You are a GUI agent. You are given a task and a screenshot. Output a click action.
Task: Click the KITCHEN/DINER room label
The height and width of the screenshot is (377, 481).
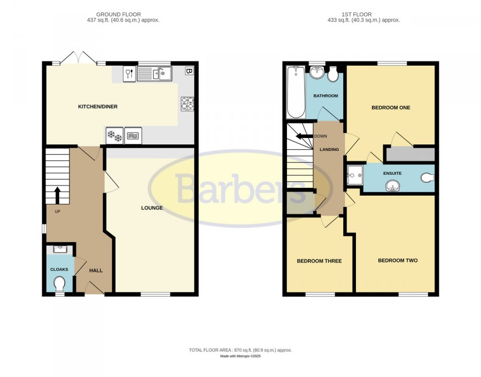[98, 107]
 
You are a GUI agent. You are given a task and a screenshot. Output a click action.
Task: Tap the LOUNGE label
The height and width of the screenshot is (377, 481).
[152, 208]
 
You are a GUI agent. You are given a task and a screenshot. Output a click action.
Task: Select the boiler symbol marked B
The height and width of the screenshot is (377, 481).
[189, 71]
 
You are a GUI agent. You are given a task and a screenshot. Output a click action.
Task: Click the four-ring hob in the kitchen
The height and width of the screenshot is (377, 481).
[187, 103]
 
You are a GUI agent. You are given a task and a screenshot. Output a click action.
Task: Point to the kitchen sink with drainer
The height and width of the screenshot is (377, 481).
[154, 74]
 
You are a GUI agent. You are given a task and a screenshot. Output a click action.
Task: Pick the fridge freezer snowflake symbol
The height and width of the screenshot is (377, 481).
[114, 136]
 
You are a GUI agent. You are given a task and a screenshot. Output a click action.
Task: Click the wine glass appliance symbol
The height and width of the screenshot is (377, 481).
[129, 74]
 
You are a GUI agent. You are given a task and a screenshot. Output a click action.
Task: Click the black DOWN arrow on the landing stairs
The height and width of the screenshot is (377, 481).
[304, 136]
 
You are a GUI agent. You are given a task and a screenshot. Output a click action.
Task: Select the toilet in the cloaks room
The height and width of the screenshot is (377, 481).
[59, 284]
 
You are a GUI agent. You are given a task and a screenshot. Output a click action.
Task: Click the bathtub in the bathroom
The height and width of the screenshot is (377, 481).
[296, 92]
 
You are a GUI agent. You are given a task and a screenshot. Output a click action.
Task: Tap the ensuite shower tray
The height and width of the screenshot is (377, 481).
[355, 175]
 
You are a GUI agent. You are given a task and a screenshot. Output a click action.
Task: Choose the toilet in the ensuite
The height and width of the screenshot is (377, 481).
[428, 178]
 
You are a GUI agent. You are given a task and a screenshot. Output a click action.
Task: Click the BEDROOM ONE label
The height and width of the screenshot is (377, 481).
[391, 108]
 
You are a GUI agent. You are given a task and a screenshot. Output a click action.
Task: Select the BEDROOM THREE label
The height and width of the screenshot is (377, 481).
[320, 261]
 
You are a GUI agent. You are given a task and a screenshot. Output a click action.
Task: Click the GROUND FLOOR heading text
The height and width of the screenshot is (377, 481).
[119, 14]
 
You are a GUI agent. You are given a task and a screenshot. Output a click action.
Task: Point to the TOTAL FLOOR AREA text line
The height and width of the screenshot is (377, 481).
[241, 350]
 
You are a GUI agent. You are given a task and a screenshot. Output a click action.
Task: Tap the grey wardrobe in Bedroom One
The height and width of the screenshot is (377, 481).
[410, 155]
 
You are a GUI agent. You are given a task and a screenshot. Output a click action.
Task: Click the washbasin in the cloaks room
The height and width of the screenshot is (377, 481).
[60, 249]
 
